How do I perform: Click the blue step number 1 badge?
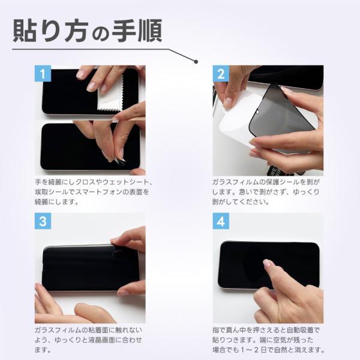(x=43, y=74)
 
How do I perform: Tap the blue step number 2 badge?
(x=221, y=74)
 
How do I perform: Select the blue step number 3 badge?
(x=43, y=221)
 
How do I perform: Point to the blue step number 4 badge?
(x=221, y=221)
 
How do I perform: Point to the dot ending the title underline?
(x=195, y=60)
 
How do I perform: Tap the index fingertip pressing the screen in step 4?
(x=268, y=264)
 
